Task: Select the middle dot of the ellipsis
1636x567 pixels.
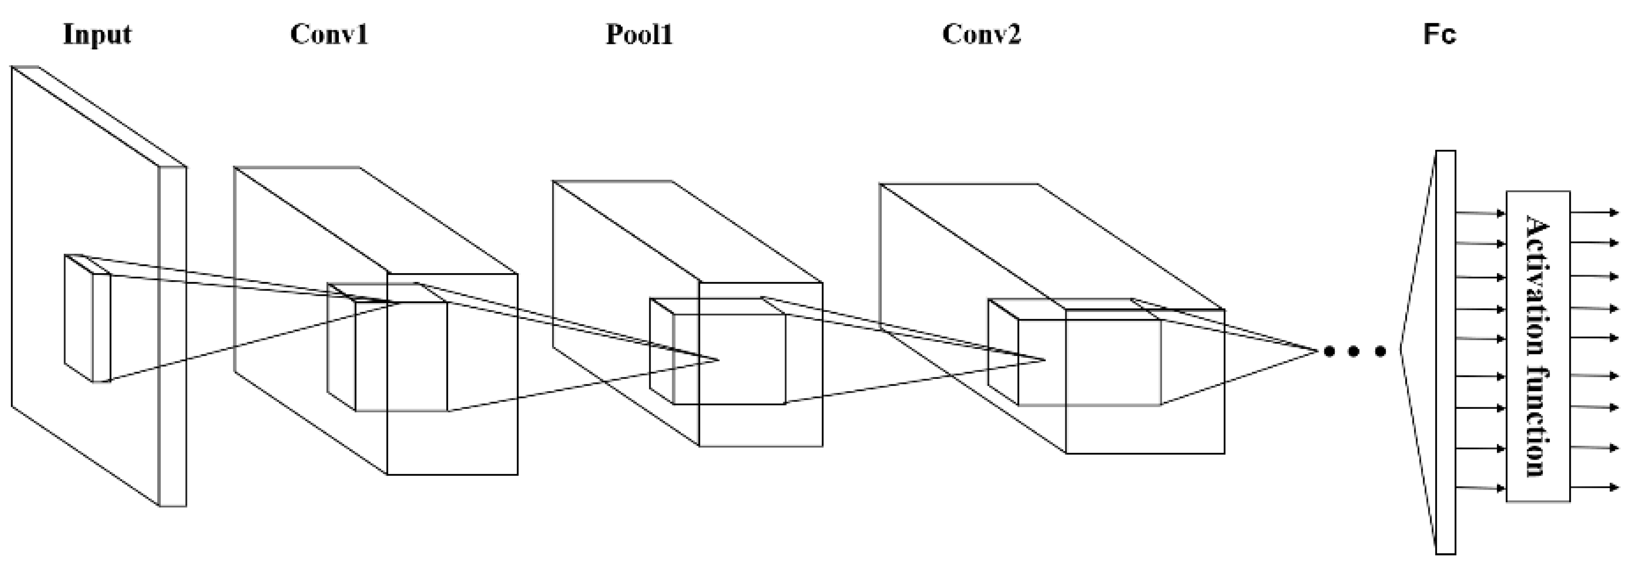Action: click(1354, 351)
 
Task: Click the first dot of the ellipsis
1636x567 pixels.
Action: click(1329, 351)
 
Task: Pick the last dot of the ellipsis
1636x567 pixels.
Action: click(1380, 351)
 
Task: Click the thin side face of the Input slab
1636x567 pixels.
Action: click(172, 337)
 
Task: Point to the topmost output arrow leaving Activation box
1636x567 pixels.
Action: click(1594, 213)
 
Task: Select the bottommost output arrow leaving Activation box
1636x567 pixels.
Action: click(1594, 488)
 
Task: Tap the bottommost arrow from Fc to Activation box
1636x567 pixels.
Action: click(1480, 488)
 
